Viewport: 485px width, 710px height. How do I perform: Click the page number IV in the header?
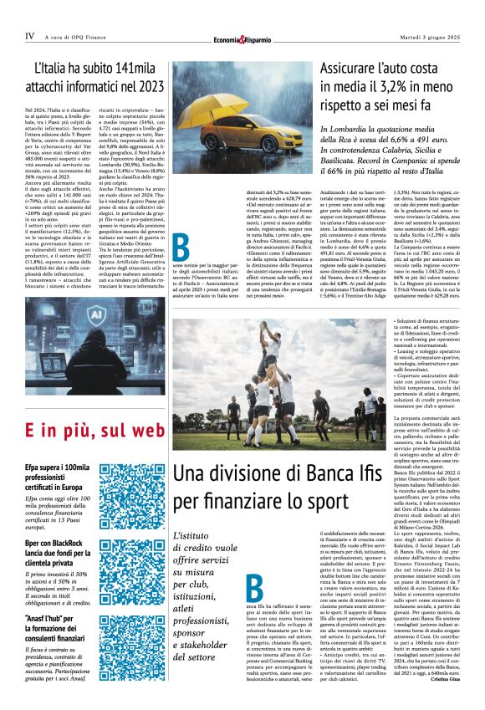(29, 36)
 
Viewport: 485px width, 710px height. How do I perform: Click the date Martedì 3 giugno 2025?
(432, 36)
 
